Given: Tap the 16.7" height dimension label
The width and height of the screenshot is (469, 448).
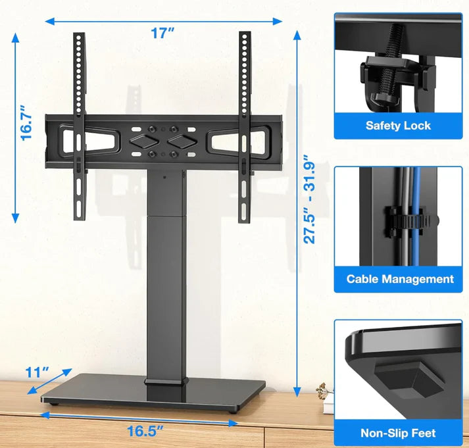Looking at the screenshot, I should tap(26, 123).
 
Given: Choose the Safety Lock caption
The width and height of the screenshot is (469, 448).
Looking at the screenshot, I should tap(398, 125).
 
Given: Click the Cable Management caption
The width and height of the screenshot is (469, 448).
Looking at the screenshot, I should tap(400, 279).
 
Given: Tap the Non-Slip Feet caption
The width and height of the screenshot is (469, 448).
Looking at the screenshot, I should tap(399, 433).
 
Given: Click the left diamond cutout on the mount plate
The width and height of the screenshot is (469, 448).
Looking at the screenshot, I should tap(145, 140).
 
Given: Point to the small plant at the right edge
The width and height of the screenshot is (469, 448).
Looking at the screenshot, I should tap(322, 393).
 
